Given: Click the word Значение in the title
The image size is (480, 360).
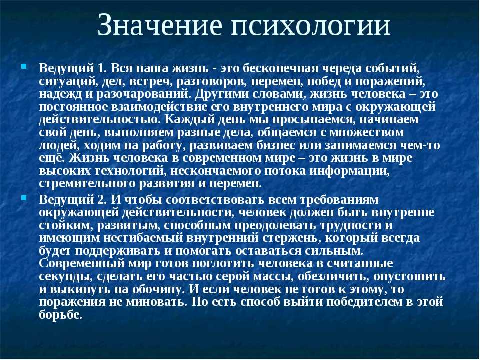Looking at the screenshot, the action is click(160, 25).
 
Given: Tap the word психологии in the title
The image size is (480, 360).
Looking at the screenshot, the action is click(310, 25).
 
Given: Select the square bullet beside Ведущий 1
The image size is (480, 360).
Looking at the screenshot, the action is click(24, 66).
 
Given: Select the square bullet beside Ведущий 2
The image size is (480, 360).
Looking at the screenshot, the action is click(24, 198).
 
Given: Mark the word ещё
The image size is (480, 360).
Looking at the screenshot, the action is click(51, 158).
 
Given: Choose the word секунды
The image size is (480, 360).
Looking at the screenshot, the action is click(65, 276).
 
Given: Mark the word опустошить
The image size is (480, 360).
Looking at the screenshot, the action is click(409, 276).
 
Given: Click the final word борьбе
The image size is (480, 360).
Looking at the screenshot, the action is click(61, 314).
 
